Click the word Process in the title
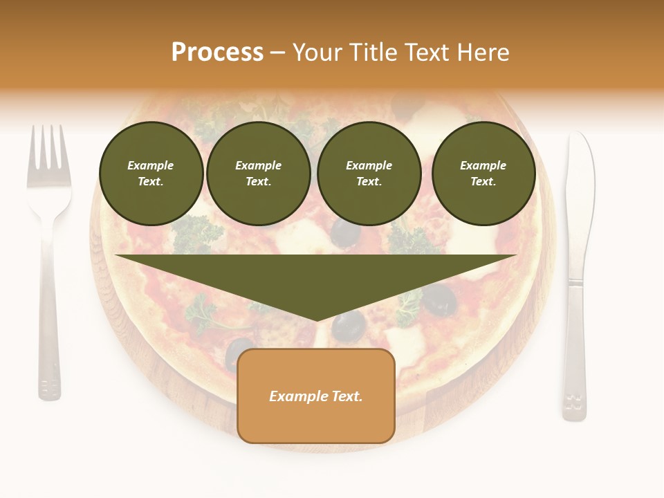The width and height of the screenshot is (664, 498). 217,53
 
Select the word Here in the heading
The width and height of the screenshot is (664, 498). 483,53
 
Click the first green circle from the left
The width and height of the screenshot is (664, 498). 151,173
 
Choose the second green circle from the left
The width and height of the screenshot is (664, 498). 258,173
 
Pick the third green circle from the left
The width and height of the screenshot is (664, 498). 369,173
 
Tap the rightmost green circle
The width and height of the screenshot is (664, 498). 483,173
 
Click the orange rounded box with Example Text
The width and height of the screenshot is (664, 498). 316,396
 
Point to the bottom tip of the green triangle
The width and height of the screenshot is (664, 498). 317,320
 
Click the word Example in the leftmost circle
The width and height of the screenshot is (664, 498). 151,165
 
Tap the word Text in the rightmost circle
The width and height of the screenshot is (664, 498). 483,181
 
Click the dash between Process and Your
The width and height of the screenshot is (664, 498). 277,53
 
